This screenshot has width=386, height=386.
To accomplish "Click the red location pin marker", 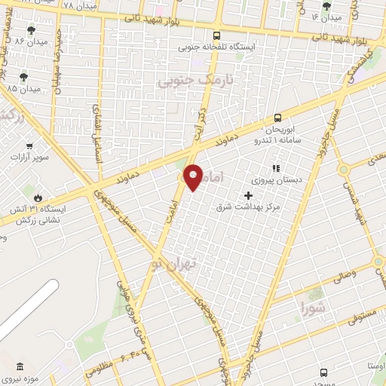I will click(194, 177).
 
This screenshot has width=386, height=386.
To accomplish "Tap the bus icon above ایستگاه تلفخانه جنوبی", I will click(217, 35).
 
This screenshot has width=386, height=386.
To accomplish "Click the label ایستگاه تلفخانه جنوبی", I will click(217, 47).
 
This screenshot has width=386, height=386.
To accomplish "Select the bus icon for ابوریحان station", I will click(278, 117).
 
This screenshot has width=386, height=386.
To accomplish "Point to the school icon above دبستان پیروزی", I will click(276, 168).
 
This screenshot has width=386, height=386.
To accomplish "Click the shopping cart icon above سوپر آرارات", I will click(29, 146).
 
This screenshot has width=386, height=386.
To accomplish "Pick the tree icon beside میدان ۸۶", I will click(31, 31).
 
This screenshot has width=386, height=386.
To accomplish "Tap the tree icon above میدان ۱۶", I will click(326, 6).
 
